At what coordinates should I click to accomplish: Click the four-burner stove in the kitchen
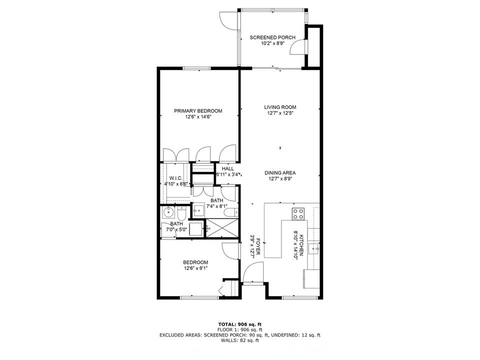point(298,214)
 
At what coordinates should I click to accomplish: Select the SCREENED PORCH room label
point(272,37)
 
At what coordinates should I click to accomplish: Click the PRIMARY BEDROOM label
point(198,111)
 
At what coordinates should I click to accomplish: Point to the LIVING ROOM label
point(280,107)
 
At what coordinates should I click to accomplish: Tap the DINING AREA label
point(280,173)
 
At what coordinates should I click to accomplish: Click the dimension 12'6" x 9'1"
point(195,268)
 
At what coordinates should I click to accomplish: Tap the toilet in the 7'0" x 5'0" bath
point(182,214)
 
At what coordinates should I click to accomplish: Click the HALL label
point(227,169)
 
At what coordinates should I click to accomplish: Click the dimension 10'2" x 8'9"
point(272,43)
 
